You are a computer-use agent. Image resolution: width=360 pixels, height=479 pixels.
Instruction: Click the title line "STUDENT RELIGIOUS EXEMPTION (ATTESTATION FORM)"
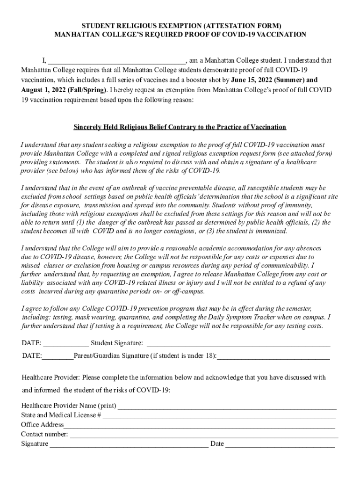[180, 26]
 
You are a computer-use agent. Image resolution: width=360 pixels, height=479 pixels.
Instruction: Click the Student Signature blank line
[238, 344]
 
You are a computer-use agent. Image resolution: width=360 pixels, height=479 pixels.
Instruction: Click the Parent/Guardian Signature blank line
[274, 356]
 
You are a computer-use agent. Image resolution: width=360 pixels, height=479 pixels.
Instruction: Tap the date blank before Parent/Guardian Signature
[58, 356]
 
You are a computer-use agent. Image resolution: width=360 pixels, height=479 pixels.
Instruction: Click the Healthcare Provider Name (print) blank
[227, 406]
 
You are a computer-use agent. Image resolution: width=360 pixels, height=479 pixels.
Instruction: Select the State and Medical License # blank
[219, 416]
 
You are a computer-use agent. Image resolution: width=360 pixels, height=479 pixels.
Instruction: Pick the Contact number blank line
[204, 435]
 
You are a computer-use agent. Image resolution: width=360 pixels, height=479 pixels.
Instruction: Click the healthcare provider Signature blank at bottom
[129, 444]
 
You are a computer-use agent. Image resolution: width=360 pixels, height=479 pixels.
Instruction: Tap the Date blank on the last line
[280, 444]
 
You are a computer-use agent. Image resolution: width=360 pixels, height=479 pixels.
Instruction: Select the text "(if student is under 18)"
[183, 356]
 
